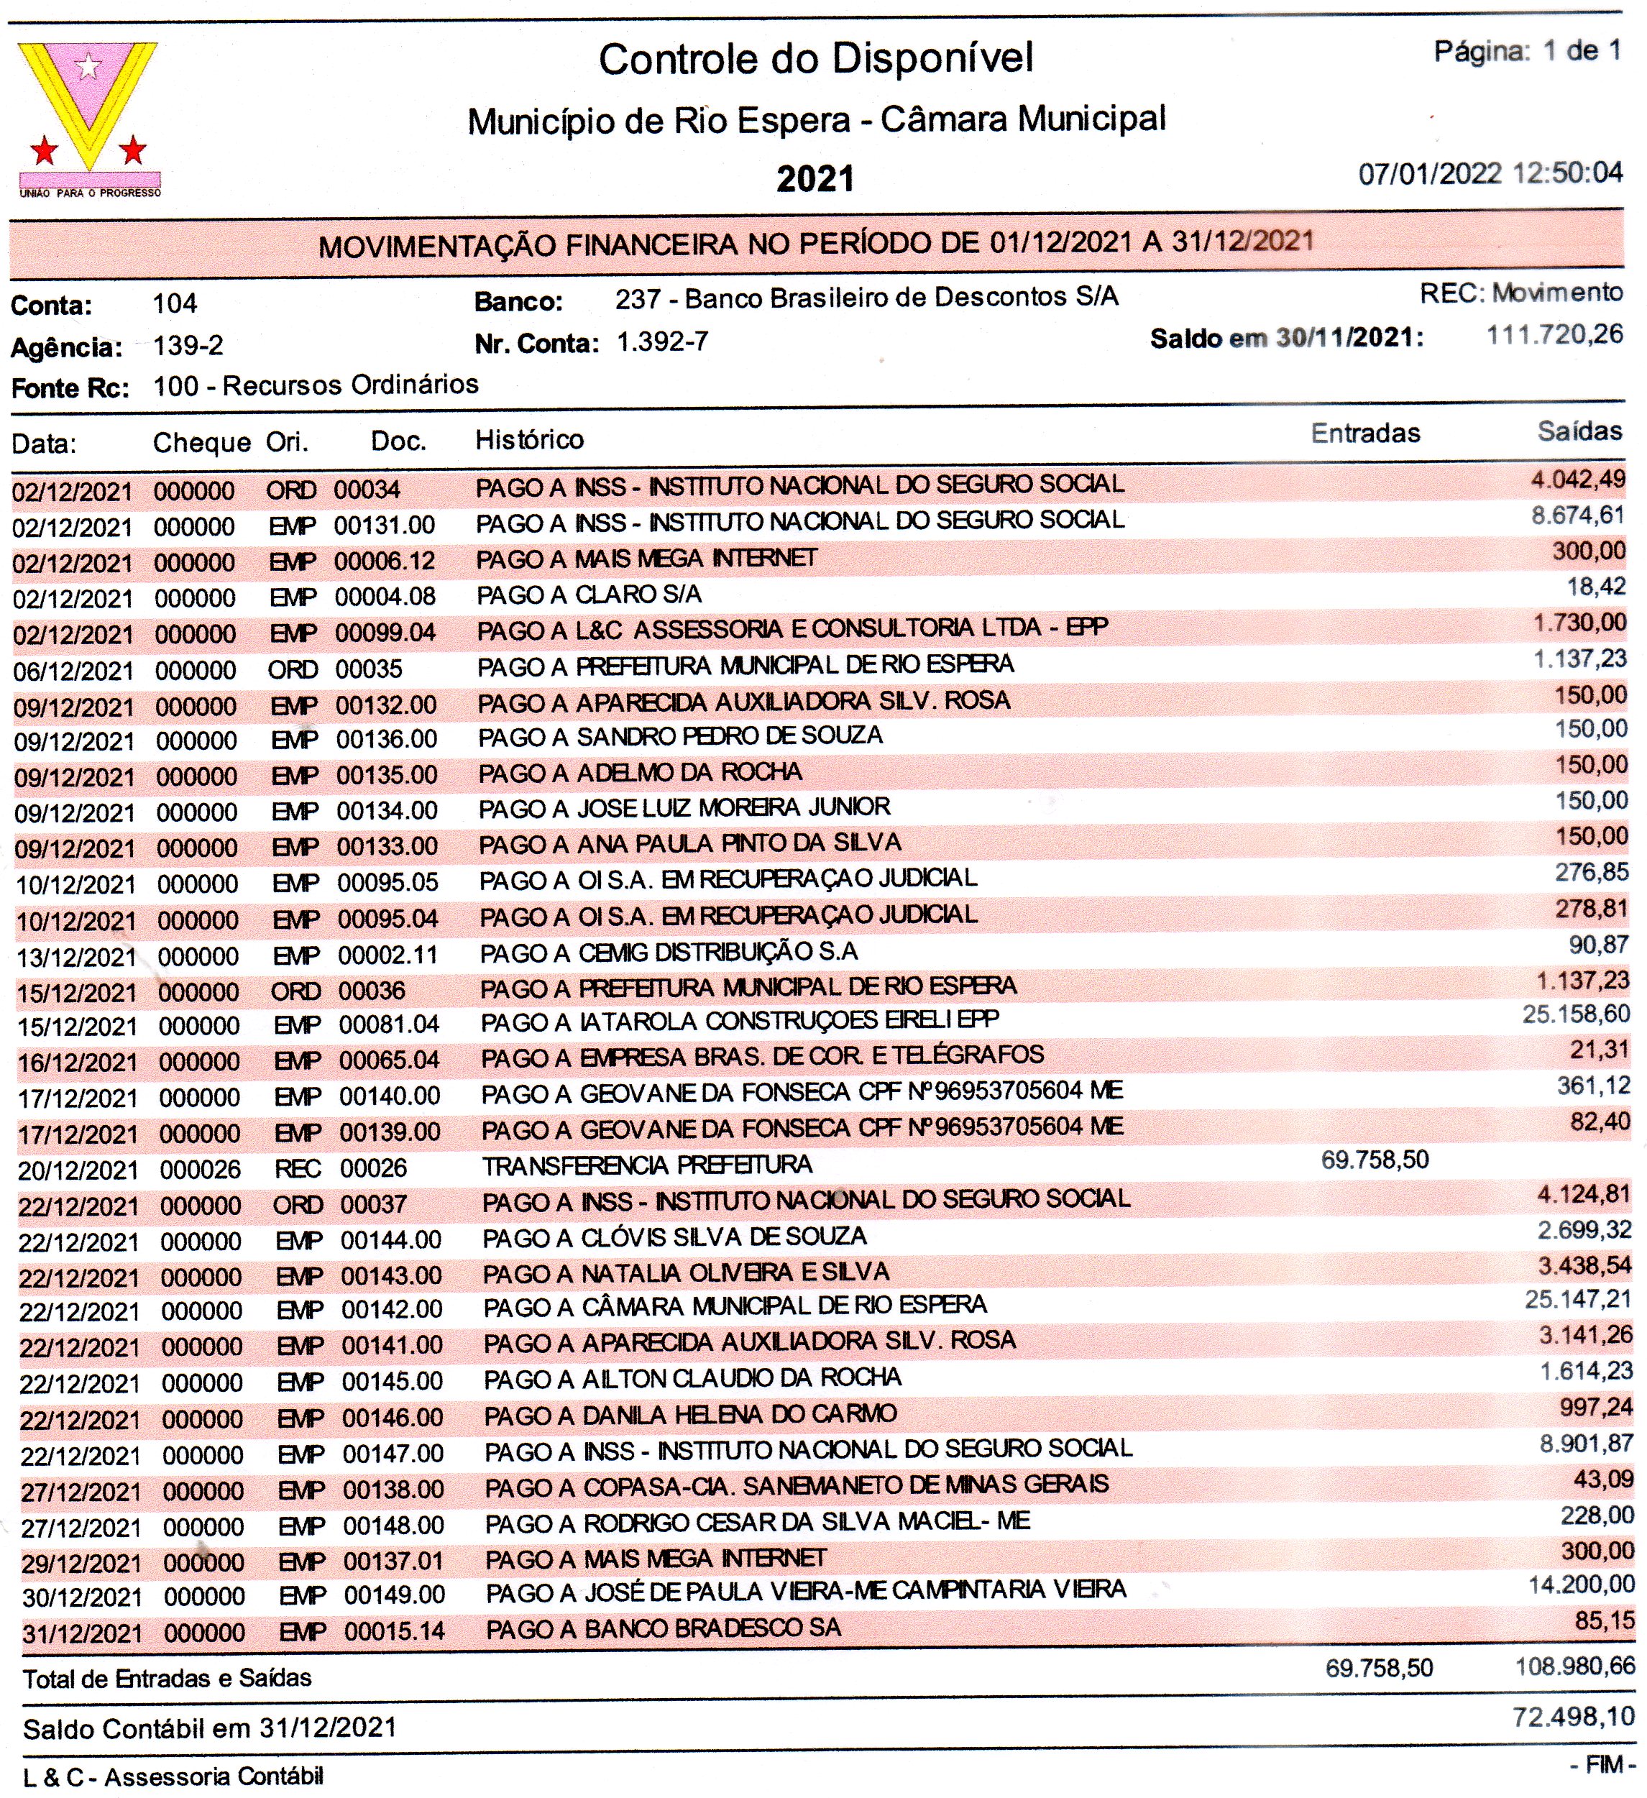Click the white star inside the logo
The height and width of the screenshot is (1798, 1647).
pos(88,65)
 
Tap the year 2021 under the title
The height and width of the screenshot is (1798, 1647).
pos(815,179)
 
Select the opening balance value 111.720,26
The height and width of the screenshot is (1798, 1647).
pos(1554,335)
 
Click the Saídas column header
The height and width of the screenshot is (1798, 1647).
pos(1579,431)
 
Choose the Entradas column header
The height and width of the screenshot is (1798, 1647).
pos(1365,434)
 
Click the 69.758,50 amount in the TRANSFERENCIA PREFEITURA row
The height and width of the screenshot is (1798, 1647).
pos(1375,1160)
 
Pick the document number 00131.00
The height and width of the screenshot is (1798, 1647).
pos(385,526)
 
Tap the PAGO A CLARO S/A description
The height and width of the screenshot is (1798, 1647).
pos(589,595)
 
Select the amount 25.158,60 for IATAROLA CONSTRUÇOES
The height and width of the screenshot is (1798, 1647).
pos(1576,1014)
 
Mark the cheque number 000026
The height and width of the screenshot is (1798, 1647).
pos(201,1169)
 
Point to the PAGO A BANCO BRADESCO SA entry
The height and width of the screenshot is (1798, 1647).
pos(664,1628)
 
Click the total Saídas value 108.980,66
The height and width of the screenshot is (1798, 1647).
pos(1575,1666)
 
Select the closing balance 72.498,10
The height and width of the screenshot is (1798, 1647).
pos(1573,1717)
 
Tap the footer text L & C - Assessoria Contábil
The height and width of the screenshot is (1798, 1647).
pos(173,1776)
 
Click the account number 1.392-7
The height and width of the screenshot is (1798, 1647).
pos(663,342)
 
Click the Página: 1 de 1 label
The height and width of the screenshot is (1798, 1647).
pos(1527,52)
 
